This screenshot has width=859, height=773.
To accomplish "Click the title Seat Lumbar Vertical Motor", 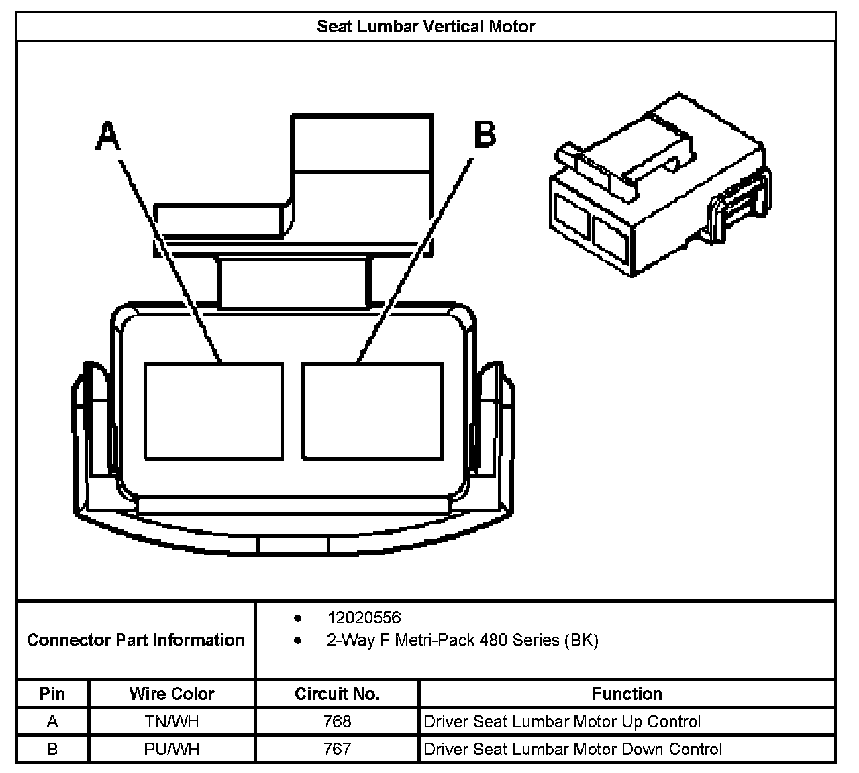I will pyautogui.click(x=425, y=27).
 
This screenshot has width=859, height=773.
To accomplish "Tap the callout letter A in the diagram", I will pyautogui.click(x=108, y=136).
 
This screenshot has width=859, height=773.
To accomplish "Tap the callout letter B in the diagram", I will pyautogui.click(x=485, y=134).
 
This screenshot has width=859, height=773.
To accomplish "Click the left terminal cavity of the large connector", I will pyautogui.click(x=213, y=411).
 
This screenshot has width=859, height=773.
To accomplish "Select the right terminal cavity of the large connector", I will pyautogui.click(x=372, y=411).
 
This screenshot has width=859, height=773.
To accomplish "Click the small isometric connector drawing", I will pyautogui.click(x=660, y=185).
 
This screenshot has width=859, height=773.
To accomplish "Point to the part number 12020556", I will pyautogui.click(x=364, y=617).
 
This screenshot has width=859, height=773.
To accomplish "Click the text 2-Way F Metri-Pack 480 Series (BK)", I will pyautogui.click(x=462, y=640).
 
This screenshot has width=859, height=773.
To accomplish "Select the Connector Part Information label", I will pyautogui.click(x=136, y=640).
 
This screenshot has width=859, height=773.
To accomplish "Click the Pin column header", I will pyautogui.click(x=52, y=694).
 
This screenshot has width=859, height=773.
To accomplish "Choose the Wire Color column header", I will pyautogui.click(x=172, y=694).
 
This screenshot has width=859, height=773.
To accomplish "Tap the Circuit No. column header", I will pyautogui.click(x=337, y=694).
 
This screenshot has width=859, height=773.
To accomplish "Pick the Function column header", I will pyautogui.click(x=627, y=694).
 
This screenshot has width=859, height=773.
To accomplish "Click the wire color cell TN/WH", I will pyautogui.click(x=172, y=722).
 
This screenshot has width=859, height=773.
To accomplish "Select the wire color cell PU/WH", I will pyautogui.click(x=172, y=749).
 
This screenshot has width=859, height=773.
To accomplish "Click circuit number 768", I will pyautogui.click(x=337, y=722).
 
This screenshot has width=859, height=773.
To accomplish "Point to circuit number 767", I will pyautogui.click(x=337, y=749).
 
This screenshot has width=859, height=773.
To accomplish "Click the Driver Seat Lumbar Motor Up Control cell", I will pyautogui.click(x=562, y=722).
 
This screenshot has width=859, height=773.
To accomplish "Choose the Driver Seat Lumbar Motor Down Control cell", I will pyautogui.click(x=573, y=749).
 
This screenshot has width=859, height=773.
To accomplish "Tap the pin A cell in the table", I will pyautogui.click(x=52, y=722).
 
